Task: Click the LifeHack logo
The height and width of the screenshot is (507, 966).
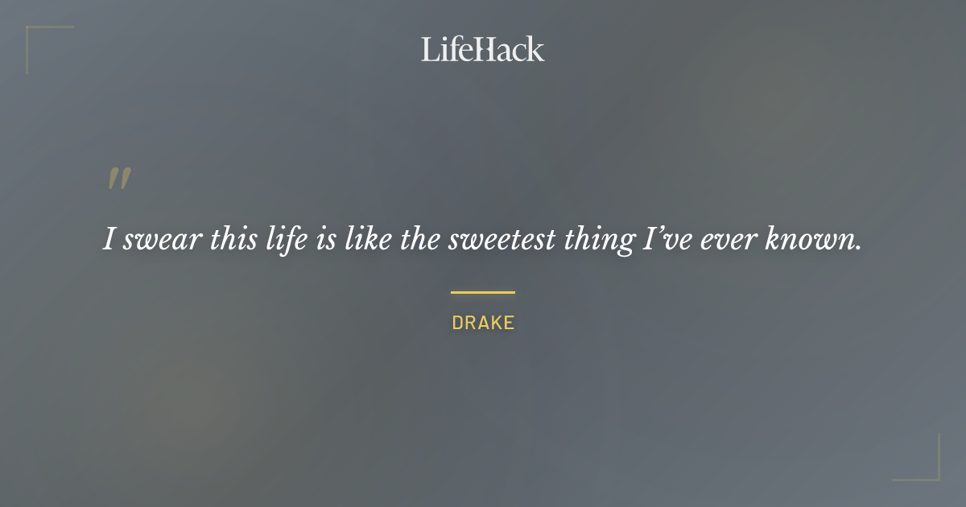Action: point(482,49)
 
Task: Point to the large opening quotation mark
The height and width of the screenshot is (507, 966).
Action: point(119,179)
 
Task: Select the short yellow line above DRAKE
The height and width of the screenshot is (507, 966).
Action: point(482,292)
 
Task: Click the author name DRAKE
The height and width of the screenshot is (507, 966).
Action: point(483,324)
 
